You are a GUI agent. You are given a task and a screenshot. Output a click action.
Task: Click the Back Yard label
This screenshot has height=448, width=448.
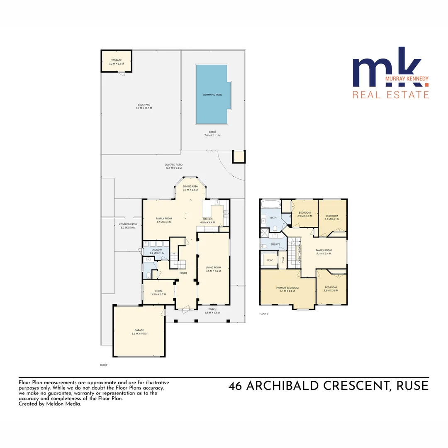(144, 106)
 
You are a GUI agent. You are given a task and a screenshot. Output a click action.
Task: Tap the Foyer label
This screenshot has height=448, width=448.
(183, 273)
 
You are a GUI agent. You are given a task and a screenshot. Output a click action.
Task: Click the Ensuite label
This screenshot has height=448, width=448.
(270, 244)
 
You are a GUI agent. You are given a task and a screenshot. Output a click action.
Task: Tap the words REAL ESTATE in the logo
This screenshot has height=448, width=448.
(390, 95)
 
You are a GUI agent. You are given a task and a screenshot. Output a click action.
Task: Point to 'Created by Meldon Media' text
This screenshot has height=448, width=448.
(50, 403)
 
